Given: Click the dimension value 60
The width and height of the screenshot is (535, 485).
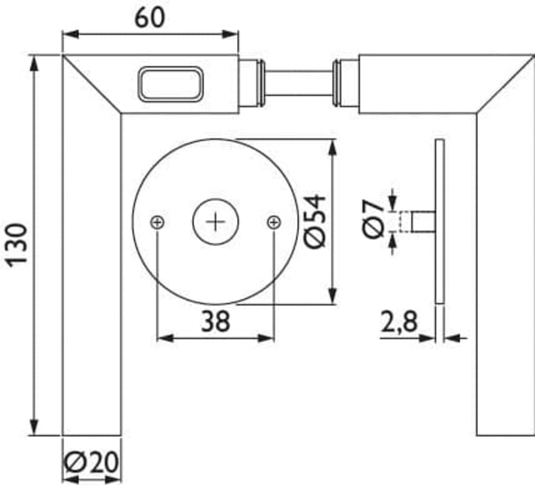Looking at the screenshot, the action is (149, 18).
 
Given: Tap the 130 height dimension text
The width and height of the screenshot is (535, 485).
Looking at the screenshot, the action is (18, 245).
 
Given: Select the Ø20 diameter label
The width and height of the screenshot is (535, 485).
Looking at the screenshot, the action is (92, 463).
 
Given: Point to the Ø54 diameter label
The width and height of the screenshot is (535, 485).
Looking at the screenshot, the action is (315, 221).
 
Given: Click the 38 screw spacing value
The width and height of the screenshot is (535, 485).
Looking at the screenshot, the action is (216, 321).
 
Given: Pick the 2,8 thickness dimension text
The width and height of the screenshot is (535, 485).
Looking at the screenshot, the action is (399, 322).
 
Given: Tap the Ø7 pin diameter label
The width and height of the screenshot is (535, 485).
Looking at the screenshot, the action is (374, 219).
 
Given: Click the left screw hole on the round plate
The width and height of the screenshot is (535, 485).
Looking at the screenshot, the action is (157, 222).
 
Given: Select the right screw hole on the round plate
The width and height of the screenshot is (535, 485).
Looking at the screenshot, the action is (274, 222).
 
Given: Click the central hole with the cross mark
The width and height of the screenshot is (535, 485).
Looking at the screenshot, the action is (216, 222).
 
